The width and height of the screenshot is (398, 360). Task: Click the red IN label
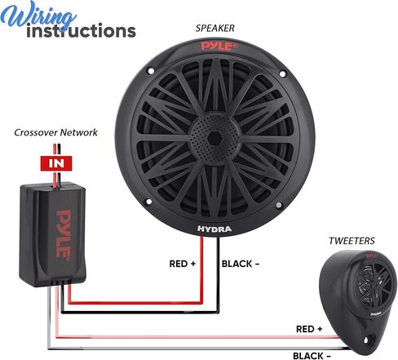[x=56, y=163]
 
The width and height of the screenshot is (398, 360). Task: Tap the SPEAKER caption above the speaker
[x=214, y=29]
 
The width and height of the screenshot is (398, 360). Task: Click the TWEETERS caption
[x=352, y=241]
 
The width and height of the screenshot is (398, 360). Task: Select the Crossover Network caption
[x=55, y=132]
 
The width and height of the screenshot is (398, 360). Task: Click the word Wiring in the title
[x=38, y=16]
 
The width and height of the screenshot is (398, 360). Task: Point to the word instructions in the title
[x=81, y=31]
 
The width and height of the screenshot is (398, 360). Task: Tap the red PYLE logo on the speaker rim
[x=219, y=47]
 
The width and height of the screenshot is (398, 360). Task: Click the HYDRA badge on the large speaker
[x=214, y=229]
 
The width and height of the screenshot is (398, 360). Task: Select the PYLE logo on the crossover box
[x=64, y=234]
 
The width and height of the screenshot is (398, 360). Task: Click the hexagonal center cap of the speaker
[x=215, y=139]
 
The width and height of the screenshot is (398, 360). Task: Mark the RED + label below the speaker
[x=183, y=264]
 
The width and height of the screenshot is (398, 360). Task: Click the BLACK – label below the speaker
[x=241, y=264]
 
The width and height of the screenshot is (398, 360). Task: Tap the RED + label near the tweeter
[x=309, y=329]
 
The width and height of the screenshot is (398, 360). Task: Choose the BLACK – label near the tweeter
[x=312, y=356]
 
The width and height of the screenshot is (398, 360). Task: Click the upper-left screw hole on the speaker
[x=150, y=71]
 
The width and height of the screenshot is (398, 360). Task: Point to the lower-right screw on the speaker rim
[x=279, y=205]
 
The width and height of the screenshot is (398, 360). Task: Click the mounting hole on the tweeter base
[x=367, y=340]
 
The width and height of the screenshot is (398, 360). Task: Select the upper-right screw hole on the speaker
[x=282, y=73]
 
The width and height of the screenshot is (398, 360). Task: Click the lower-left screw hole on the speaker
[x=148, y=202]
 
